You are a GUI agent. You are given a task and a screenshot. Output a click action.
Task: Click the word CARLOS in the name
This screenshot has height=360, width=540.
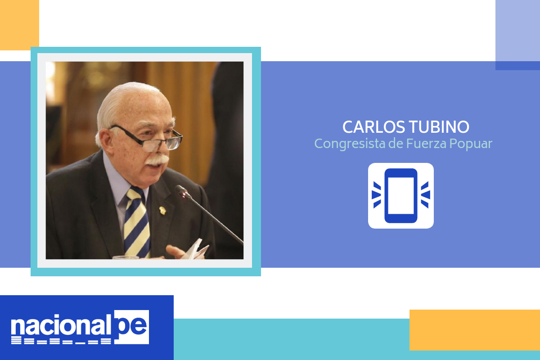coord(373,127)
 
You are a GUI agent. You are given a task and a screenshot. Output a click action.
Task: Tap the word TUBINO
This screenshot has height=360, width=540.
coord(439,127)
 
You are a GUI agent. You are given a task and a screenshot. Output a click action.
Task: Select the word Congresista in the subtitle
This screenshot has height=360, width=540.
coord(350,144)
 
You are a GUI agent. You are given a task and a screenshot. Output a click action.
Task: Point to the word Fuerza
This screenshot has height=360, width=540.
coord(427,144)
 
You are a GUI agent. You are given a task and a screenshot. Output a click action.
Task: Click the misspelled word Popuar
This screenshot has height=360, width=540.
coord(471,144)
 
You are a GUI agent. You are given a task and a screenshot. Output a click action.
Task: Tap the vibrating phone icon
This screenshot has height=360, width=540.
coord(400,196)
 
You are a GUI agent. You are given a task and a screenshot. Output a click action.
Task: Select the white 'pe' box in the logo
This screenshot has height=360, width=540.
coord(131,327)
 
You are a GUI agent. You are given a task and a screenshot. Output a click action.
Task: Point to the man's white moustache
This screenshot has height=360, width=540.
coord(157,160)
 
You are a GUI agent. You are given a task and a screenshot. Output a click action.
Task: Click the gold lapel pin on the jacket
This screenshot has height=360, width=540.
coord(163,210)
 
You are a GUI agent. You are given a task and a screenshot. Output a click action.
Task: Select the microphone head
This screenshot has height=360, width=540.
coord(183,192)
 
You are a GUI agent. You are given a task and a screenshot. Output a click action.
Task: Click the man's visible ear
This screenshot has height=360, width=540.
coord(106,140)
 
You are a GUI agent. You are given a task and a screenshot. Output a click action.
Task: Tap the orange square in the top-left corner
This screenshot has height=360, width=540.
coord(19,25)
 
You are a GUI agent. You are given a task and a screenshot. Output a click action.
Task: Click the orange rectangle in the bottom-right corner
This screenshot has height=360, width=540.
coord(475,330)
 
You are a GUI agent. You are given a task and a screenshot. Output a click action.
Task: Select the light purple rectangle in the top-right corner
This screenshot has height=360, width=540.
coord(517,31)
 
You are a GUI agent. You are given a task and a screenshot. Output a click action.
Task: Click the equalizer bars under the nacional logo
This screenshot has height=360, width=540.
coord(61,341)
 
